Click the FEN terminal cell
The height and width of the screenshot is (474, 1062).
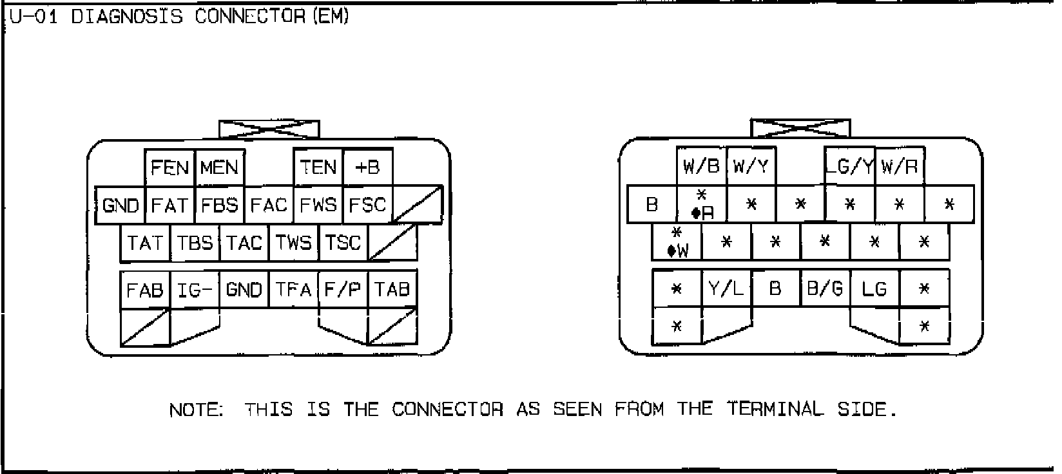pyautogui.click(x=169, y=168)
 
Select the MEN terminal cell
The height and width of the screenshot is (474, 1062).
pyautogui.click(x=219, y=168)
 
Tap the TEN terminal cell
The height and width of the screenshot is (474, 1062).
pyautogui.click(x=318, y=168)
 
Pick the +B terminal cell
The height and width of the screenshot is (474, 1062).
pyautogui.click(x=367, y=168)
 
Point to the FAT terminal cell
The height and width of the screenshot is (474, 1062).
pyautogui.click(x=169, y=205)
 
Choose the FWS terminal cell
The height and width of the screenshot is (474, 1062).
pyautogui.click(x=318, y=205)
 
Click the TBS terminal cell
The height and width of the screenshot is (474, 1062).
pyautogui.click(x=195, y=243)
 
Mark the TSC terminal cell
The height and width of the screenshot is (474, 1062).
pyautogui.click(x=343, y=243)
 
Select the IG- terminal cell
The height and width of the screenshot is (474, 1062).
pyautogui.click(x=195, y=290)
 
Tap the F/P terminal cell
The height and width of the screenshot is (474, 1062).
pyautogui.click(x=343, y=290)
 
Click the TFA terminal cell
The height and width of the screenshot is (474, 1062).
pyautogui.click(x=293, y=290)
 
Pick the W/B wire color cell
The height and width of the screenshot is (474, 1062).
pyautogui.click(x=701, y=167)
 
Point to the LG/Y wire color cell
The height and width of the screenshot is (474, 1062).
pyautogui.click(x=850, y=167)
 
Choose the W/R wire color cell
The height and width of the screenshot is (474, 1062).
pyautogui.click(x=899, y=167)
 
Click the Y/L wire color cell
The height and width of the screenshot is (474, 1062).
pyautogui.click(x=726, y=289)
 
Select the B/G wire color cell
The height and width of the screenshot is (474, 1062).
pyautogui.click(x=825, y=289)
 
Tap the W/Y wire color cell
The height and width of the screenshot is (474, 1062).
pyautogui.click(x=751, y=167)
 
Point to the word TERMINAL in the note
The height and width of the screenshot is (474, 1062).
pyautogui.click(x=776, y=409)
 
